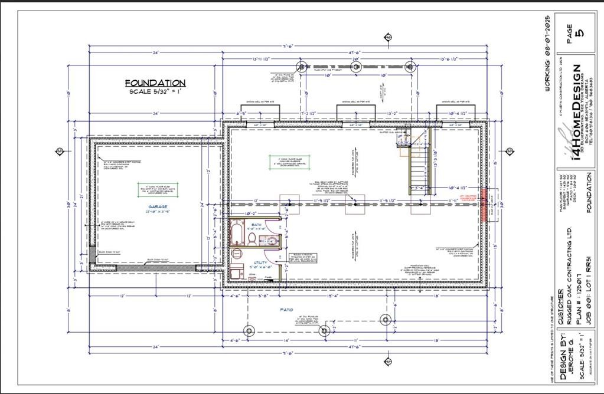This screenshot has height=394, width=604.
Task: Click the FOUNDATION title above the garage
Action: (x=155, y=83)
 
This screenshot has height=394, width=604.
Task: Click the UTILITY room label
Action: (x=260, y=262)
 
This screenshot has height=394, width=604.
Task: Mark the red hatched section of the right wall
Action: (x=484, y=205)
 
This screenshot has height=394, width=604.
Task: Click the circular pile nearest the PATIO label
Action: (x=324, y=330)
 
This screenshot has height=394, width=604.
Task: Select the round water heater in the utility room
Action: (x=237, y=253)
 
